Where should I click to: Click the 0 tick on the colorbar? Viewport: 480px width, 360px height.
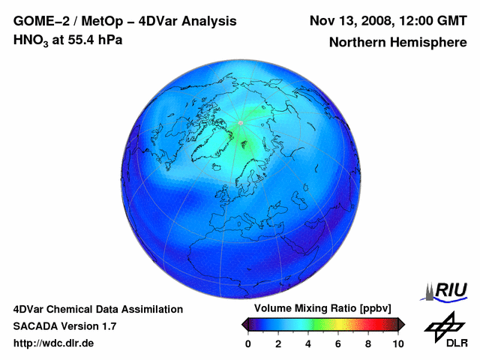coord(248,343)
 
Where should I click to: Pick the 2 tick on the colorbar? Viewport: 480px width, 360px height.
coord(278,343)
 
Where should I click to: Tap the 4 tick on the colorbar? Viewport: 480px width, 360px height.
coord(308,343)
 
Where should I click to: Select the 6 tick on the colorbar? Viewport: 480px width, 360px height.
coord(338,343)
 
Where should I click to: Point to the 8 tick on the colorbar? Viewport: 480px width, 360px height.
coord(368,343)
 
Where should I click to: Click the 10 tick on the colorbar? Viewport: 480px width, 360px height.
coord(397,343)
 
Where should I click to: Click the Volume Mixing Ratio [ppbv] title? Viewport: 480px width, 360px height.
coord(322,309)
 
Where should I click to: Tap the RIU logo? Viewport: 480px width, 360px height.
coord(445,289)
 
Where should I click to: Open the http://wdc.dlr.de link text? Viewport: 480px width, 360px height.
coord(54,343)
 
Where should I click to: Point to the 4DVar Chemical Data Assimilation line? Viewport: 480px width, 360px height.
coord(97,309)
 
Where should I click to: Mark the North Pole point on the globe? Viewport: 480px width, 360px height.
coord(241,122)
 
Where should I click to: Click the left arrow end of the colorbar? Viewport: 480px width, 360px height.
coord(245,324)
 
